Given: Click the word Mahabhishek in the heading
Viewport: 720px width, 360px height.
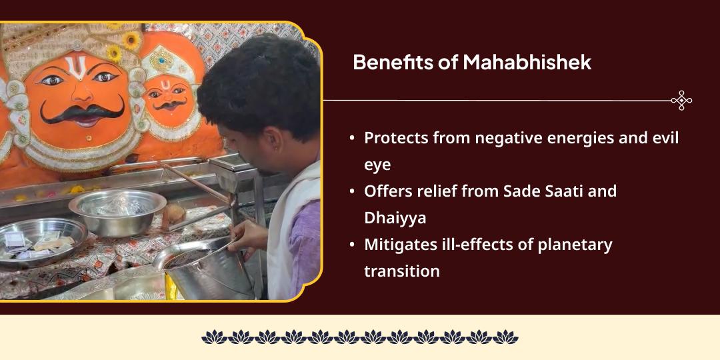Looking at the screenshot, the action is coord(527,63).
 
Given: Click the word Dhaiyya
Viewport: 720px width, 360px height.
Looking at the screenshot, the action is coord(395,217).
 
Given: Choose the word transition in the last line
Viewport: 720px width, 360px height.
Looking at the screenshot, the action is coord(402,271).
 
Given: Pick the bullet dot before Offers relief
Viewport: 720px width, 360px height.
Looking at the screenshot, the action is coord(352,191).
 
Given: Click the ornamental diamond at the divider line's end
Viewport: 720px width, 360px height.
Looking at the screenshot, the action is coord(681,100).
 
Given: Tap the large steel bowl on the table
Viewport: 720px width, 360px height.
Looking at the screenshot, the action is coord(117,211).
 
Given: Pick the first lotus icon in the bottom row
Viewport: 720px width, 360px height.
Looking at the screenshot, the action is coord(215,337).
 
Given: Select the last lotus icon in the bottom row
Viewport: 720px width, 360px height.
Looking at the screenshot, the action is coord(505,337).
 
